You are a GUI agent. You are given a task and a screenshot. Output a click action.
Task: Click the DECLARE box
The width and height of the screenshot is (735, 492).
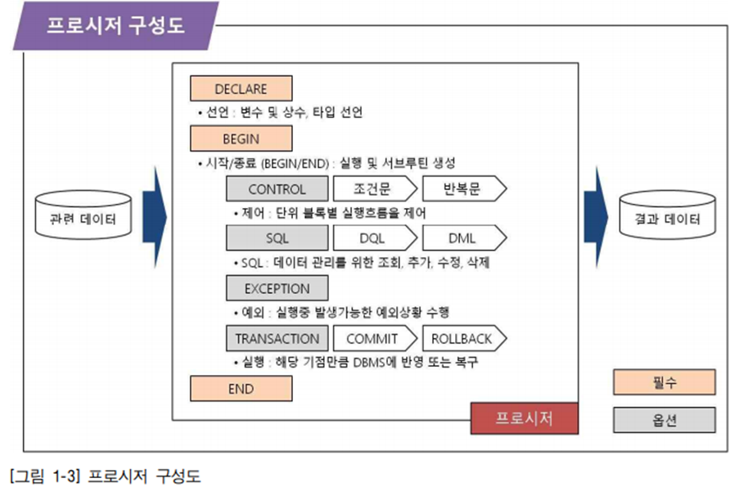tap(241, 89)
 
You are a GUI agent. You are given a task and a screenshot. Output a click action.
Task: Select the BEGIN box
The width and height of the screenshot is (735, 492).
tap(241, 138)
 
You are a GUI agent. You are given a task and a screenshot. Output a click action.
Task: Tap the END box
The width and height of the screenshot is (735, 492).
tap(241, 389)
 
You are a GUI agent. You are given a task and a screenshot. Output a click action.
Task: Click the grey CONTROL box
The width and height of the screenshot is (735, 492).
tap(277, 189)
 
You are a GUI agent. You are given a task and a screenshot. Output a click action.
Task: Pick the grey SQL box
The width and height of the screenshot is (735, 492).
tap(277, 239)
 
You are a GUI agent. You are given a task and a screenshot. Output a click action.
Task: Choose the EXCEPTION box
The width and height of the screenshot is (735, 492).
tap(277, 289)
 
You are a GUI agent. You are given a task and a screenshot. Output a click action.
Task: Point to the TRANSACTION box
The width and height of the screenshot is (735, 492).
tap(277, 339)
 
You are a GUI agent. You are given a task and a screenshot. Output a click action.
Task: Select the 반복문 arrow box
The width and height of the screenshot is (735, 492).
tap(461, 189)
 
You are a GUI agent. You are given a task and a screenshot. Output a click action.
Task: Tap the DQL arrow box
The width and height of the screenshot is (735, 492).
tap(372, 239)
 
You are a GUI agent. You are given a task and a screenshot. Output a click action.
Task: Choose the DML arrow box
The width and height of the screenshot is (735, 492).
tap(461, 239)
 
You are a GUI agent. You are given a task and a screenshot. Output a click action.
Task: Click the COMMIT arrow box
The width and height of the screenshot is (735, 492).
tap(372, 339)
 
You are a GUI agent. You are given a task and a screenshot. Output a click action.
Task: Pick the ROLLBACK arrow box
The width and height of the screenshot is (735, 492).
tap(461, 339)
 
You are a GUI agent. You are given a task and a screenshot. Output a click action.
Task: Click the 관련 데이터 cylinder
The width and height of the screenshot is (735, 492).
tap(81, 219)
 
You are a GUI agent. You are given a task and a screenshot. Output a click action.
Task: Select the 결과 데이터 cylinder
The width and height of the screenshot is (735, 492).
tap(667, 219)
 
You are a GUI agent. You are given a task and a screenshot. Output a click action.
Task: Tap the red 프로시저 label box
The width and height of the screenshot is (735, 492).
tap(524, 418)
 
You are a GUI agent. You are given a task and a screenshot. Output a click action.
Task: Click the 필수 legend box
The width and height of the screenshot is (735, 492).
tap(664, 381)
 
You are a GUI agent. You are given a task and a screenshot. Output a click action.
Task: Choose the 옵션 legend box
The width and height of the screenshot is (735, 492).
tap(664, 420)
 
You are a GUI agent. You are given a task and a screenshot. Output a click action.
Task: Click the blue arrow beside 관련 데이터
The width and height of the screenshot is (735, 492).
tap(153, 217)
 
